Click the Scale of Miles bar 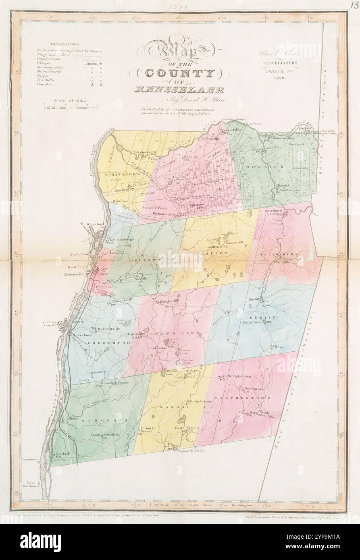click(x=71, y=107)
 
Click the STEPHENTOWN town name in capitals click(x=239, y=398)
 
